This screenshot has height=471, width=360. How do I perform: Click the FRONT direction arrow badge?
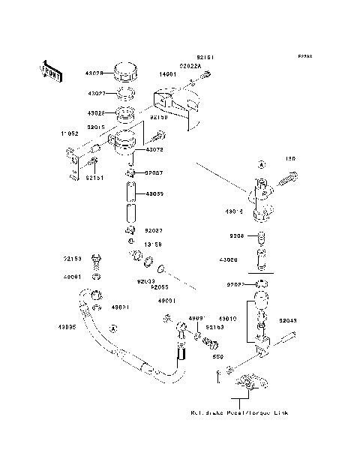(52, 70)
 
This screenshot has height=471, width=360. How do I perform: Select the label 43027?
(97, 94)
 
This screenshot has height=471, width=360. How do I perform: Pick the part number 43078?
(156, 150)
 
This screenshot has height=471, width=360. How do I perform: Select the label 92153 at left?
(72, 260)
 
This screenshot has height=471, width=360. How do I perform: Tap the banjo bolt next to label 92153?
(96, 262)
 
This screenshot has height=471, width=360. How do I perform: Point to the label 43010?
(228, 319)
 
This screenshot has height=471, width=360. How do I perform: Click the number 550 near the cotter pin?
(219, 356)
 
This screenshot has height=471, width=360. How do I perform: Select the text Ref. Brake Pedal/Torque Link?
(239, 413)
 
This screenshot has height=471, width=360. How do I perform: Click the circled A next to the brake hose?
(112, 328)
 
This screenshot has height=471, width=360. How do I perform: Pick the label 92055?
(159, 287)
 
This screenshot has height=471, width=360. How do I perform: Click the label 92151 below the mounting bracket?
(93, 178)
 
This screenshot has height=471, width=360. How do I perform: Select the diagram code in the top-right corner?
(304, 56)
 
